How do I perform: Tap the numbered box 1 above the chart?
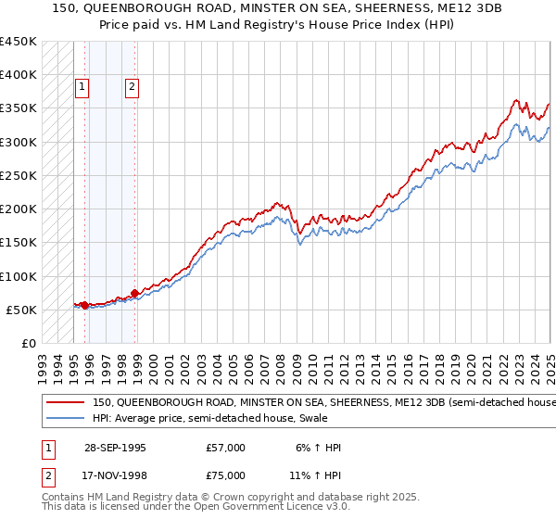click(x=82, y=88)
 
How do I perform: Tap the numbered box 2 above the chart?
click(x=133, y=88)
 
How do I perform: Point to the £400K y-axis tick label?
click(x=19, y=75)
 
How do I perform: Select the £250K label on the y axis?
click(x=19, y=175)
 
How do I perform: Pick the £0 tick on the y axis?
click(x=29, y=343)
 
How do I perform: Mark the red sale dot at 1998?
click(x=135, y=293)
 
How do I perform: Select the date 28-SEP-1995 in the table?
click(x=112, y=448)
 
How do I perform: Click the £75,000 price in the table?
click(x=226, y=475)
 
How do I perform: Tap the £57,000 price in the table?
click(x=226, y=448)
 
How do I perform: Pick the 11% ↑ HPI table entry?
click(x=315, y=475)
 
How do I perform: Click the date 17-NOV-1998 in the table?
click(x=112, y=475)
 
